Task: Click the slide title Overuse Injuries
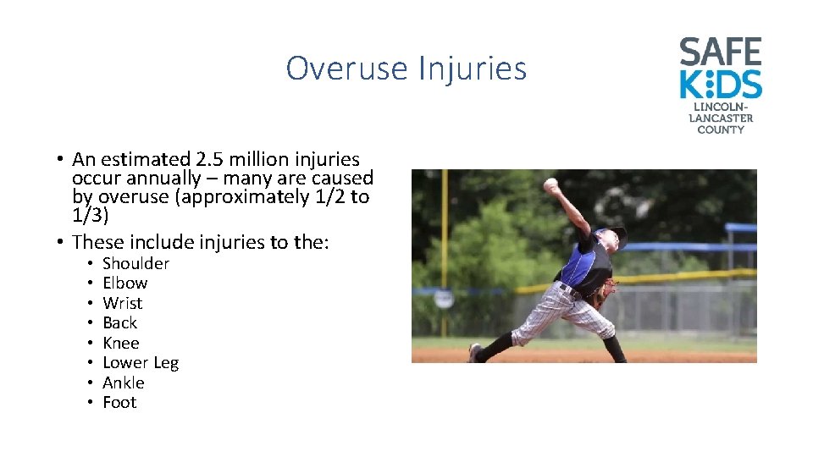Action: pos(406,68)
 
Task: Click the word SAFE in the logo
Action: pos(720,53)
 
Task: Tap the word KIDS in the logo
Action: pos(720,85)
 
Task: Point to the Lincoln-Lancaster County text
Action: pos(720,118)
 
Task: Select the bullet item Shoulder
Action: pos(135,263)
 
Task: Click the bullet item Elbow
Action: pos(124,283)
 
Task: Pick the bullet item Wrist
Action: pos(122,303)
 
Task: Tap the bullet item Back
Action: pos(119,322)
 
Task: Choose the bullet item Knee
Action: pos(120,343)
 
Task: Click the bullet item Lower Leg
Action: pos(141,363)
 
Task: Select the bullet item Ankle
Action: pos(123,383)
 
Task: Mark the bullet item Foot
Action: pos(119,403)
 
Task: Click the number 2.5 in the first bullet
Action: pos(210,159)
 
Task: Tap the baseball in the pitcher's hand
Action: pos(551,183)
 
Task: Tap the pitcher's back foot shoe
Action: pos(475,352)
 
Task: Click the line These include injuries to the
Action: pos(201,242)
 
